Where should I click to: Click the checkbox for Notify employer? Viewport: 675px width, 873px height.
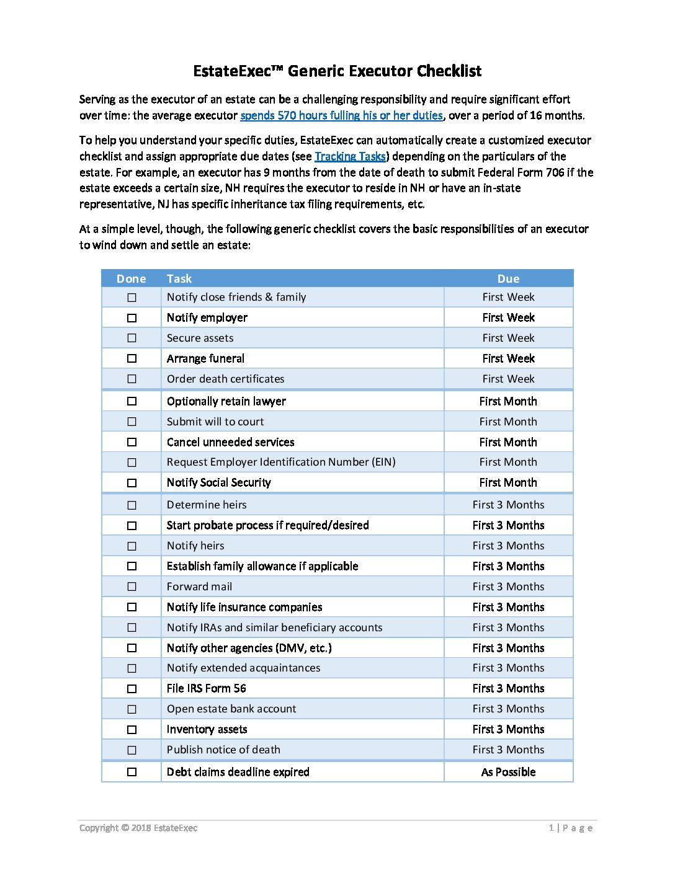(x=132, y=318)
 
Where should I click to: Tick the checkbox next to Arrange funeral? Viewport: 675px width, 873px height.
(x=132, y=358)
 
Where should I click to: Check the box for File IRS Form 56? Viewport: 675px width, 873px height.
(x=132, y=689)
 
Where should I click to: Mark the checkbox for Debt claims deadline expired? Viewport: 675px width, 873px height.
(x=132, y=772)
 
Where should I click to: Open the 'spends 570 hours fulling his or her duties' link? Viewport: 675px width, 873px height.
(x=341, y=115)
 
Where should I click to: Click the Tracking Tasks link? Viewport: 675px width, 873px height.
(x=350, y=156)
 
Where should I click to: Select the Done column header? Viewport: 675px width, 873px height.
(x=132, y=279)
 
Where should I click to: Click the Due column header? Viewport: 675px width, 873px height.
(x=508, y=279)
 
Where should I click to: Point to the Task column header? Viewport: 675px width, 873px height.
(x=179, y=279)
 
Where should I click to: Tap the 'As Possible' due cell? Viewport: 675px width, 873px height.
(x=508, y=772)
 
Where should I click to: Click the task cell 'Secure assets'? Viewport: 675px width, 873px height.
(x=200, y=338)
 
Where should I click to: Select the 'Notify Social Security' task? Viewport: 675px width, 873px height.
(x=218, y=482)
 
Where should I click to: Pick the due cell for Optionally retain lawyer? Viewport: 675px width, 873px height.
(x=508, y=401)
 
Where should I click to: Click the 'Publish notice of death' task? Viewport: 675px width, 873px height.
(x=223, y=750)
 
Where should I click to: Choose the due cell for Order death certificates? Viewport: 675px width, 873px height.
(x=508, y=379)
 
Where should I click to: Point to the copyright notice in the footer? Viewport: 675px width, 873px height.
(x=138, y=828)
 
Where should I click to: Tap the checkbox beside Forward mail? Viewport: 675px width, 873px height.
(x=132, y=587)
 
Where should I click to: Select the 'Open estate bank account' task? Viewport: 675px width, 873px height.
(x=231, y=709)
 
